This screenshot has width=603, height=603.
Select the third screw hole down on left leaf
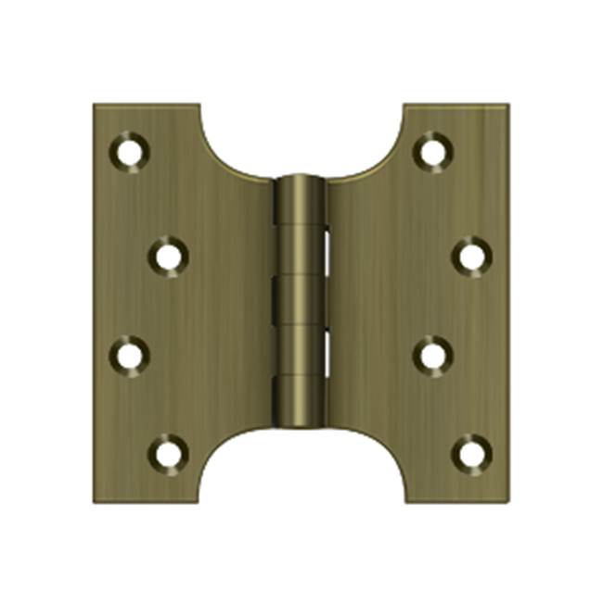point(130,354)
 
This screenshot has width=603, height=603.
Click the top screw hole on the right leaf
point(432,151)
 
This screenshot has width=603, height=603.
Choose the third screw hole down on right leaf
point(432,354)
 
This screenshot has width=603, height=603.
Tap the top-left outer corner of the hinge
point(95,105)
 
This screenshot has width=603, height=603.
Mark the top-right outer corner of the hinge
point(508,105)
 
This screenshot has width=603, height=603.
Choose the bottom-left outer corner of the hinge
point(95,505)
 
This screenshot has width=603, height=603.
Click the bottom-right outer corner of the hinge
point(508,505)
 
